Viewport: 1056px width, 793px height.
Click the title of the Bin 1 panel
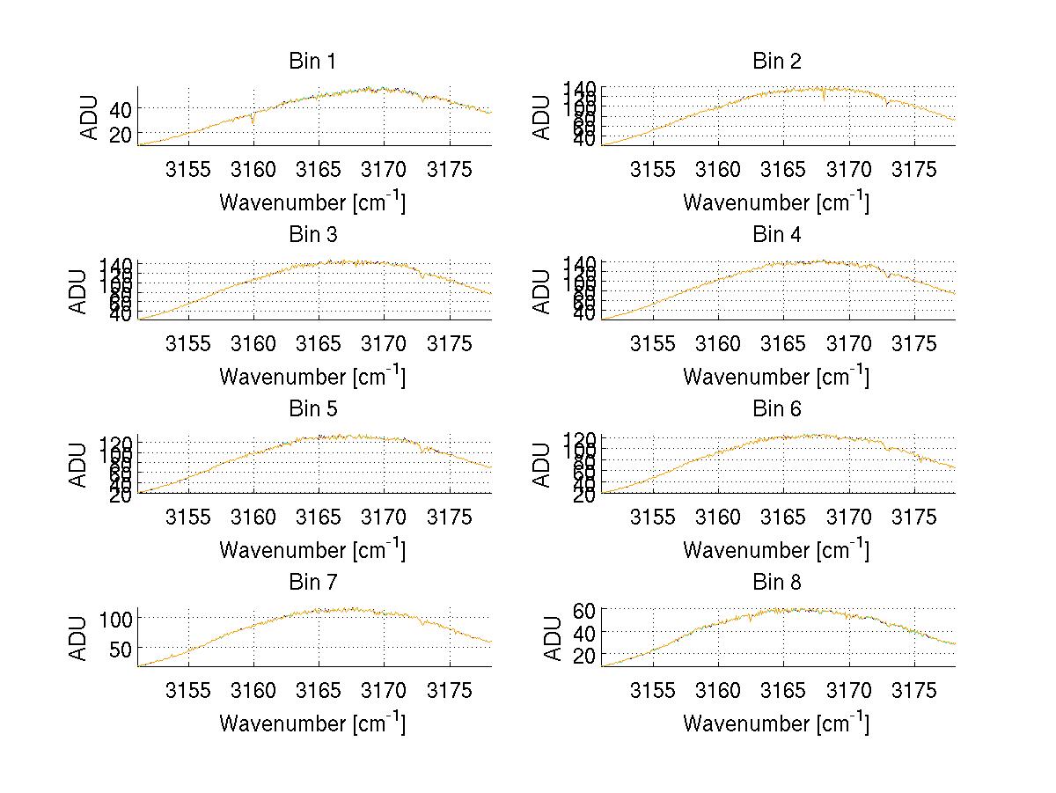pyautogui.click(x=312, y=62)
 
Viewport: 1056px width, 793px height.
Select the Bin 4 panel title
pyautogui.click(x=777, y=235)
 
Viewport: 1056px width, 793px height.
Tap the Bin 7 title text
pyautogui.click(x=312, y=583)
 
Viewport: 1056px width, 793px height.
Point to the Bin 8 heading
pyautogui.click(x=777, y=583)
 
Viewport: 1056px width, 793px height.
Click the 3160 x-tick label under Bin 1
pyautogui.click(x=253, y=169)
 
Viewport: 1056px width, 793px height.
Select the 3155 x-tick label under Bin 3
pyautogui.click(x=188, y=342)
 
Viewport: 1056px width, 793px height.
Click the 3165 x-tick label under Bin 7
pyautogui.click(x=319, y=690)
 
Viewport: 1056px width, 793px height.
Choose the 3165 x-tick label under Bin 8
pyautogui.click(x=783, y=690)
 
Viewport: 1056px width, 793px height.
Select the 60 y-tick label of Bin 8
pyautogui.click(x=584, y=609)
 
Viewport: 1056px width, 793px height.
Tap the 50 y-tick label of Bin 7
pyautogui.click(x=120, y=648)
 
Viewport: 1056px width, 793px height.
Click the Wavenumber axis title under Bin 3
pyautogui.click(x=312, y=376)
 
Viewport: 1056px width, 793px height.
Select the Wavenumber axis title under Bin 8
pyautogui.click(x=776, y=723)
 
